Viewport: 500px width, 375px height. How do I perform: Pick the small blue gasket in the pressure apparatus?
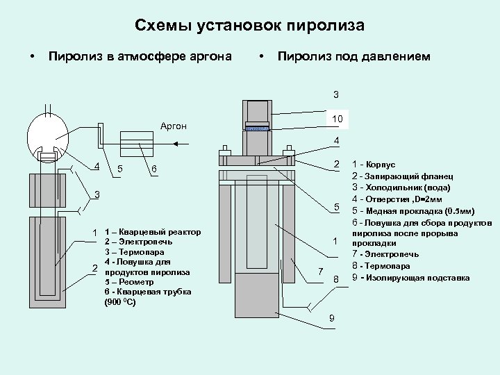pyautogui.click(x=258, y=128)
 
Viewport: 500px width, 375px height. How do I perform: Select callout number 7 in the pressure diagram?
pyautogui.click(x=320, y=270)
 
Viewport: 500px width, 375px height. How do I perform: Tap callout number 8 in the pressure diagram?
pyautogui.click(x=335, y=279)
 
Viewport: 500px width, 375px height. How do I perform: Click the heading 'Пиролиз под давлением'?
pyautogui.click(x=353, y=56)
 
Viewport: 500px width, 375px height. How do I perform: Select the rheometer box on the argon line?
pyautogui.click(x=137, y=144)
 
